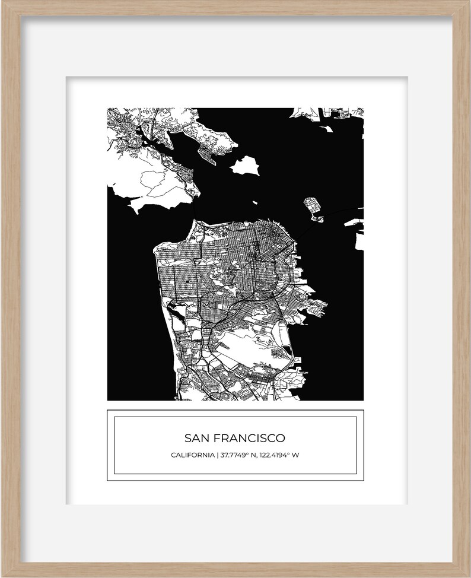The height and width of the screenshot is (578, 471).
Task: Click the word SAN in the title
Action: [196, 439]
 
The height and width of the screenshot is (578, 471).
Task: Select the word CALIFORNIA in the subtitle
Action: [192, 455]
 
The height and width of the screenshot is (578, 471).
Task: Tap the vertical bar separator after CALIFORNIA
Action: [218, 455]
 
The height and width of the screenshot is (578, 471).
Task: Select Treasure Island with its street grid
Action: [313, 207]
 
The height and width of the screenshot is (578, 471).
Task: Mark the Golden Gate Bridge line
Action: [195, 211]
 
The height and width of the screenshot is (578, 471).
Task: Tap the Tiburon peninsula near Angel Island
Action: [208, 142]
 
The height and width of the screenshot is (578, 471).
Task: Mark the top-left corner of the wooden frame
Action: [2, 2]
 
